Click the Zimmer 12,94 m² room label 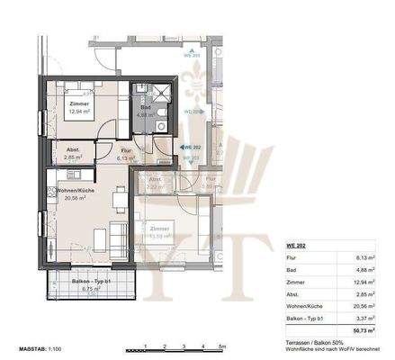pyautogui.click(x=67, y=108)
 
